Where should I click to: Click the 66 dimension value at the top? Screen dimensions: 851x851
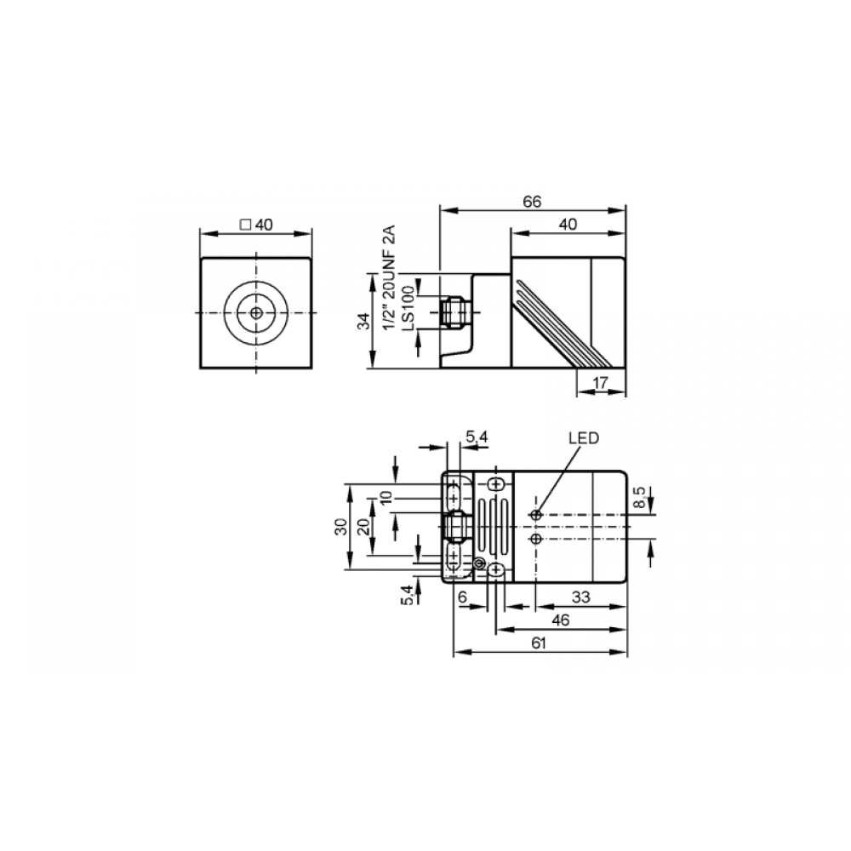tap(532, 202)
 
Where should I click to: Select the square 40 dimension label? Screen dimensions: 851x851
tap(257, 224)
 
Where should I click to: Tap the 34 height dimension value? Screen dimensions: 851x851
tap(365, 322)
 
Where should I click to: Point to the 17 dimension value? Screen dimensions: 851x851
tap(600, 382)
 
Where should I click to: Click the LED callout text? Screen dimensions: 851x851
tap(584, 438)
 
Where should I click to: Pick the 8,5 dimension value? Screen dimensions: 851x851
tap(641, 497)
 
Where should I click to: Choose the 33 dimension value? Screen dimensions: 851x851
tap(580, 597)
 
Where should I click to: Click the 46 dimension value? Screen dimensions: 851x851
tap(560, 620)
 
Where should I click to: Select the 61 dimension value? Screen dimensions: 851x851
tap(538, 643)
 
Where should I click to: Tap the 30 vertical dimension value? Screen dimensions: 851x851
tap(341, 527)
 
